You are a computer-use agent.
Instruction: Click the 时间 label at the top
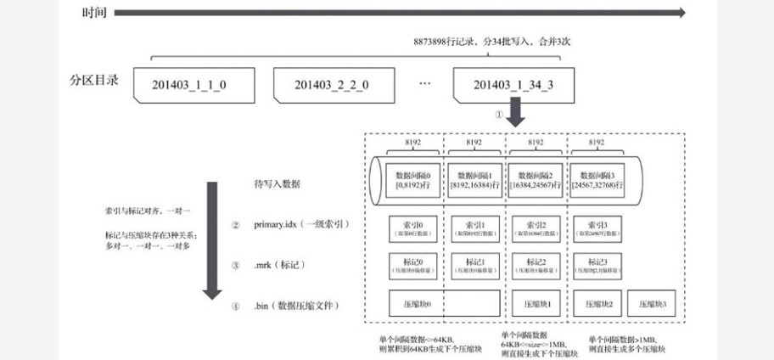94,13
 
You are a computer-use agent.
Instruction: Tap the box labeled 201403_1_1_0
189,84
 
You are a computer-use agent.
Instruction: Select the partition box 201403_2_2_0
331,84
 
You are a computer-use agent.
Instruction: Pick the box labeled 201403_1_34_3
514,84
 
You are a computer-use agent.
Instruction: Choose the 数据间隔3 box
598,179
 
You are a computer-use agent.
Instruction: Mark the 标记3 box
598,266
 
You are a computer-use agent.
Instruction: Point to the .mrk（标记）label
280,266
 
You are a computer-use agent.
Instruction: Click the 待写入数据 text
278,183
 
